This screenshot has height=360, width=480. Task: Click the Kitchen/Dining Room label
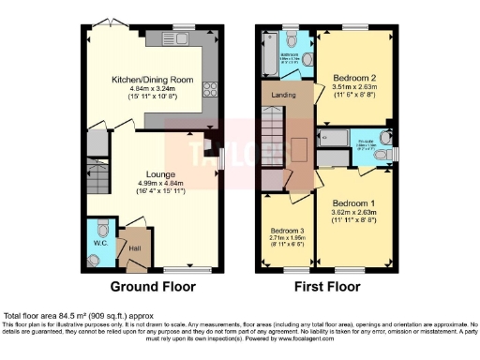coord(152,81)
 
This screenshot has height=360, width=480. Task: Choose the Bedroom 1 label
coord(352,202)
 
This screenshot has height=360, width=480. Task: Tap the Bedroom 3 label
coord(288,230)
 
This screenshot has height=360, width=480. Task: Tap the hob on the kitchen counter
coord(208,92)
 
